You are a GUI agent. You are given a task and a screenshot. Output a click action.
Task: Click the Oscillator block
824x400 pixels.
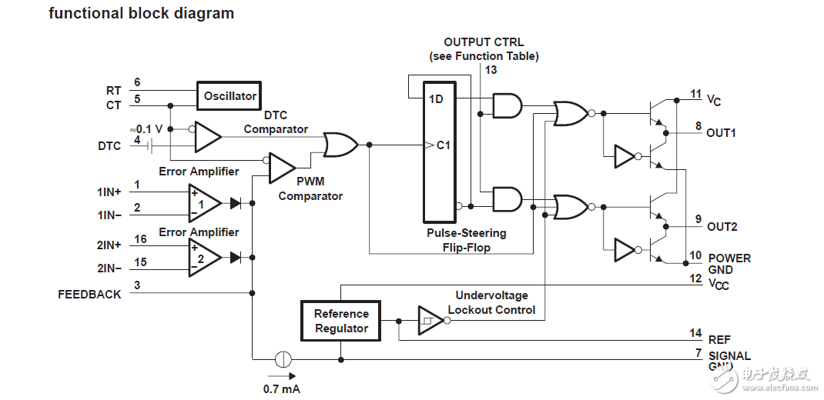(x=229, y=96)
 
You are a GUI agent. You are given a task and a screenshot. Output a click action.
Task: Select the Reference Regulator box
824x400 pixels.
(x=341, y=321)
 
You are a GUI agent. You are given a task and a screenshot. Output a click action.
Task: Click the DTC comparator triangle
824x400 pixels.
(x=206, y=136)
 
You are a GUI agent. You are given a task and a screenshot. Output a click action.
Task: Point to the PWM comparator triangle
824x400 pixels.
(x=281, y=168)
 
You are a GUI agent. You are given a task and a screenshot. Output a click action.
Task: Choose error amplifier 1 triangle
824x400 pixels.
(x=203, y=203)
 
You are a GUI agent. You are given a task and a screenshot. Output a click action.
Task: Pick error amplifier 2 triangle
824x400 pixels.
(x=203, y=257)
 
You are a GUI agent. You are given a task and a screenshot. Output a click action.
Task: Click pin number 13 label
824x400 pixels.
(x=491, y=70)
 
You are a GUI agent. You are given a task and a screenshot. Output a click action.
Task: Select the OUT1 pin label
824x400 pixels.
(x=721, y=132)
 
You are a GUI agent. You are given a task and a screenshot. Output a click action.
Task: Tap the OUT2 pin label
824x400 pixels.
(x=722, y=226)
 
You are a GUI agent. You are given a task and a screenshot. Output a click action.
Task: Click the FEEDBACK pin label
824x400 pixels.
(x=89, y=294)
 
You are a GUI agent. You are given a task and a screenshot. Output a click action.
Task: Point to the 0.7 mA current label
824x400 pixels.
(x=281, y=388)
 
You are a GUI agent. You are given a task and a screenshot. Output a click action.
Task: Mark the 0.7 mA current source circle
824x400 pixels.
(x=283, y=358)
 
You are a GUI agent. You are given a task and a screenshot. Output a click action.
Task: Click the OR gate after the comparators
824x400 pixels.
(x=340, y=145)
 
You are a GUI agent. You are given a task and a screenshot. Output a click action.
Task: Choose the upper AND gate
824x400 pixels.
(x=506, y=105)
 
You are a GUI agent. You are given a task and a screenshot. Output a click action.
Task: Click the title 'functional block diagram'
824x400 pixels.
(x=141, y=13)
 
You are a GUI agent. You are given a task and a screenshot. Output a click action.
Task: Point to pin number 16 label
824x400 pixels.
(x=140, y=239)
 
